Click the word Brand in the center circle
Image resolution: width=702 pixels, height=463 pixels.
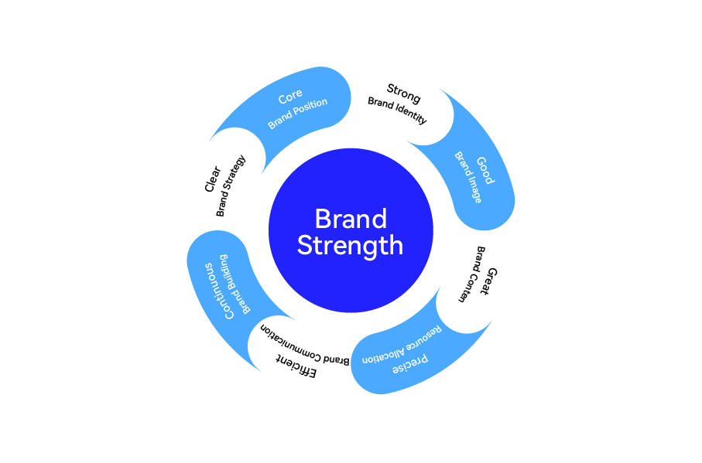[x=351, y=219]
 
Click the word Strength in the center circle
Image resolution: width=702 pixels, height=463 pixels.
[x=351, y=246]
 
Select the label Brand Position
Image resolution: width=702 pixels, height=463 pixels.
[x=298, y=114]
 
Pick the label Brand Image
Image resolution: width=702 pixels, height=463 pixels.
[x=467, y=178]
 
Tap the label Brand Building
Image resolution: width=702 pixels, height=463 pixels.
[x=235, y=282]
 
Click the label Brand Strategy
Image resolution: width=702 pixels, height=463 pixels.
[x=231, y=186]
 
